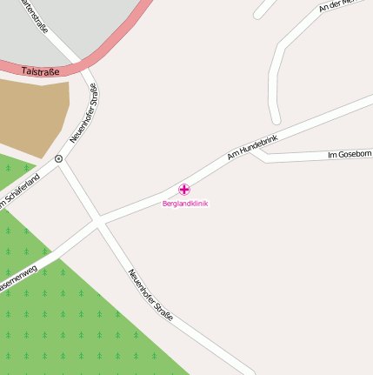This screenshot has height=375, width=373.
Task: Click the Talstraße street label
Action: click(44, 70)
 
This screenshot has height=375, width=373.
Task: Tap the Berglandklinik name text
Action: click(185, 204)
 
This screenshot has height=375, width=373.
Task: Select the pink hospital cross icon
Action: click(184, 189)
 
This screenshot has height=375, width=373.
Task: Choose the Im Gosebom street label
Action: click(349, 155)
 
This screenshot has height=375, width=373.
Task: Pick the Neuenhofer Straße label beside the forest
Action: click(150, 294)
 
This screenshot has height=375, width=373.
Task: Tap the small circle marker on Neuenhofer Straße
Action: click(58, 159)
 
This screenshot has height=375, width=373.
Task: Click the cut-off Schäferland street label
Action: click(19, 191)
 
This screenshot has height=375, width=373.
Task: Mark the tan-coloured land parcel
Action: click(33, 113)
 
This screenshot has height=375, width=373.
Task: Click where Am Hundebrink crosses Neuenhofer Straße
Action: click(97, 222)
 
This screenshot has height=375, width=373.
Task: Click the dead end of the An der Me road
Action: click(276, 119)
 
